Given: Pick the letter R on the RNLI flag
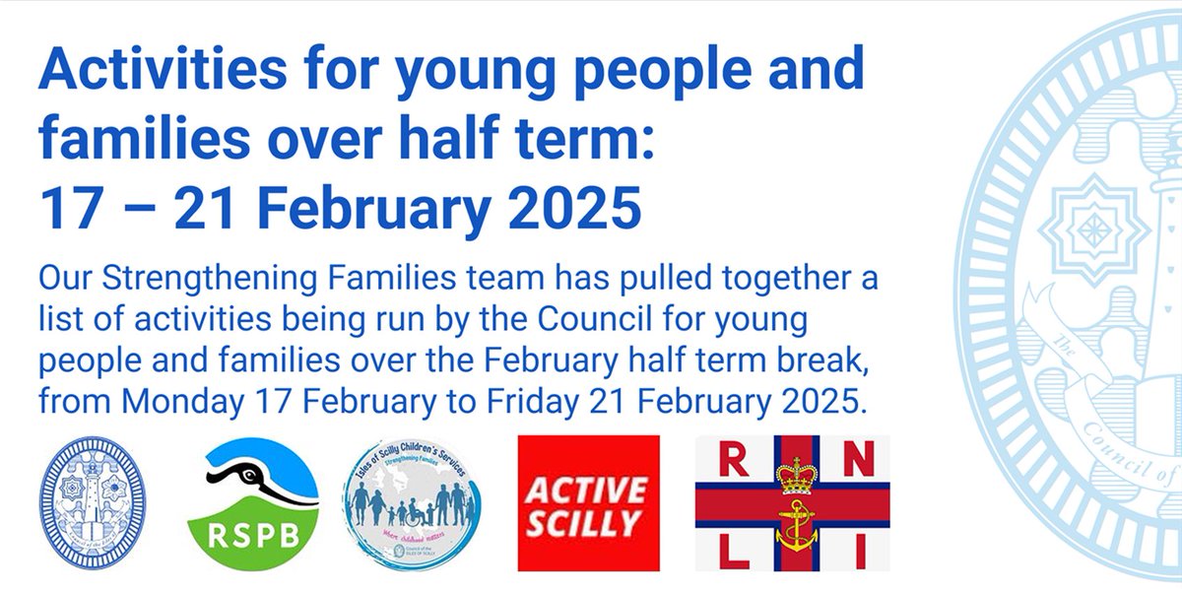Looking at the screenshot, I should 730,457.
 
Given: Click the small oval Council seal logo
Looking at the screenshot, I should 92,502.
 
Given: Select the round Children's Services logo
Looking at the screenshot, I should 413,502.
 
